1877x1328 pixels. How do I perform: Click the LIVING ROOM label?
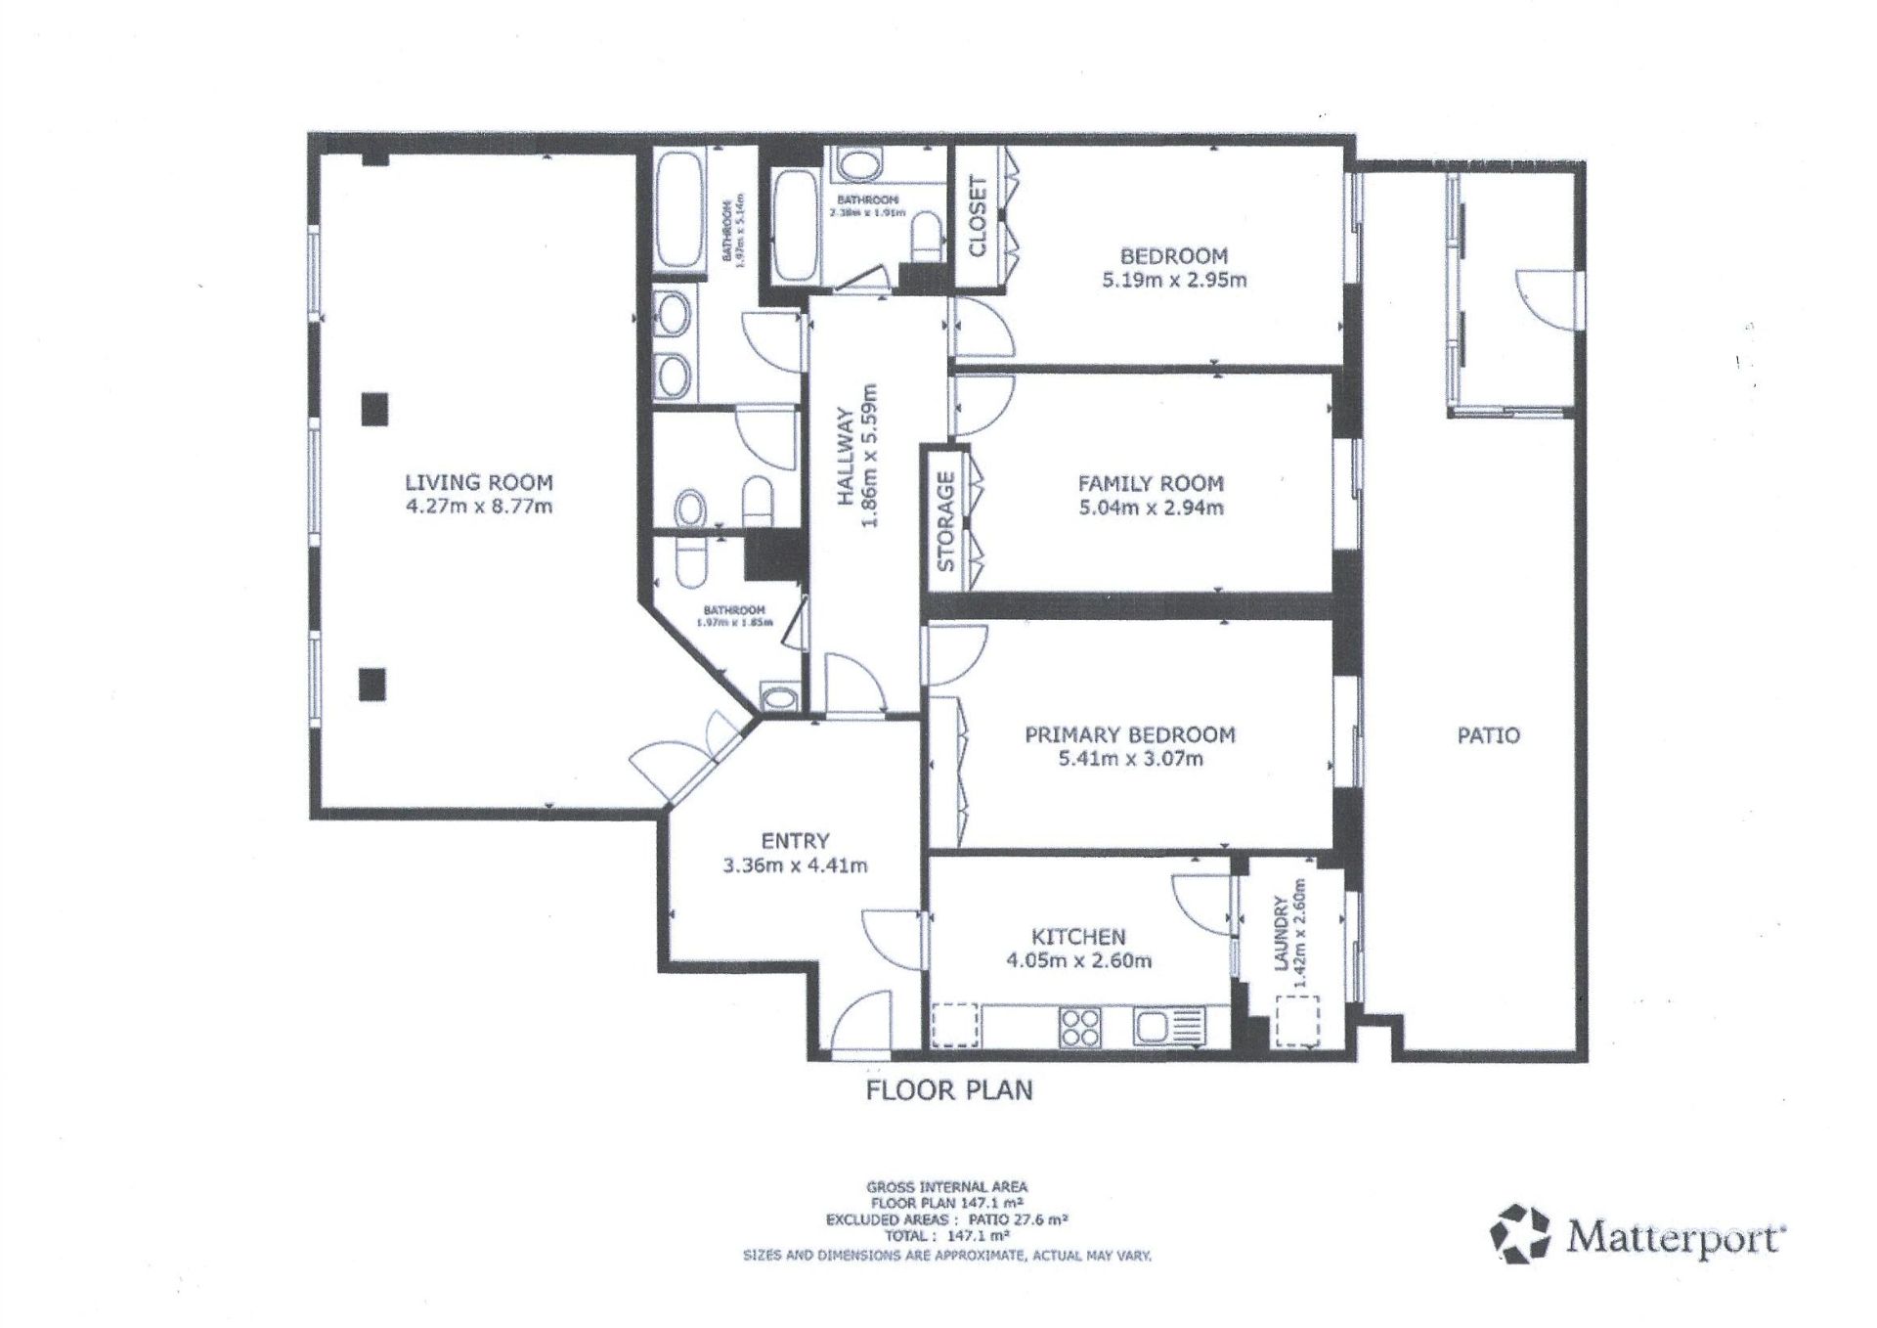479,482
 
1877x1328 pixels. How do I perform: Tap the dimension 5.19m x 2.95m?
1173,281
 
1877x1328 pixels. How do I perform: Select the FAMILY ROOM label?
1151,483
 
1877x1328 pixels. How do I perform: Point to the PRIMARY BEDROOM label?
1129,734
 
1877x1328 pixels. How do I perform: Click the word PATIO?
1488,735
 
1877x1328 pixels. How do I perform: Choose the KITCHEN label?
1078,937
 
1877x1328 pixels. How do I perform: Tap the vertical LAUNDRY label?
1282,934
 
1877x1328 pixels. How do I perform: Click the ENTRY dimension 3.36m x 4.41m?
795,865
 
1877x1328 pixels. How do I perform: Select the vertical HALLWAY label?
847,457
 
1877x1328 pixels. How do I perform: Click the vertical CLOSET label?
978,216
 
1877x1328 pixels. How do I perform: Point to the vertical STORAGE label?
945,521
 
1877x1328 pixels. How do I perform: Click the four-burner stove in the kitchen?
1079,1028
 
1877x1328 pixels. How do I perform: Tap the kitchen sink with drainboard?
1169,1027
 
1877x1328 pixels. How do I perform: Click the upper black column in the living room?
373,408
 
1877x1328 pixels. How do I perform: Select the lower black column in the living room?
372,684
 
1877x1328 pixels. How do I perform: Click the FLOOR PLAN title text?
948,1090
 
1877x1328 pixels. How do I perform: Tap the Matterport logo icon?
1520,1234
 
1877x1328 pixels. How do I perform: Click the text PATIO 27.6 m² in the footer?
1017,1220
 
